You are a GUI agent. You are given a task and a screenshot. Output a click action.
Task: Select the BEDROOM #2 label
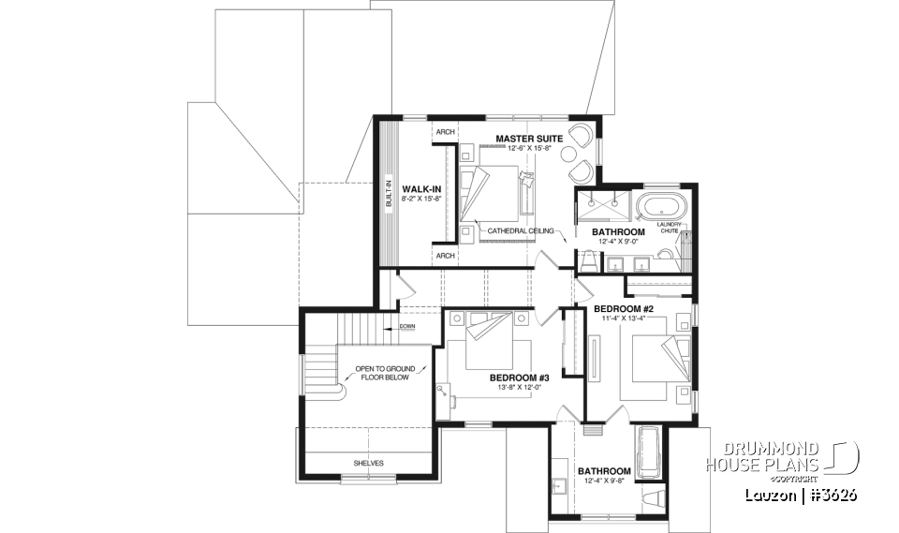click(622, 308)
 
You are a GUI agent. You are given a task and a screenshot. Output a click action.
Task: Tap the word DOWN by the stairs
click(407, 327)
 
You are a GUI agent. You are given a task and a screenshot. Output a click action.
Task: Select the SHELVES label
click(368, 463)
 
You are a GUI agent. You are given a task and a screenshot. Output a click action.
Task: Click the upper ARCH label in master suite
click(445, 133)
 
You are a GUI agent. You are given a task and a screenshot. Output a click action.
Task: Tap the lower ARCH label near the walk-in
click(445, 255)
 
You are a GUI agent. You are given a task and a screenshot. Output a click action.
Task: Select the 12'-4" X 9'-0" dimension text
click(618, 242)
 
